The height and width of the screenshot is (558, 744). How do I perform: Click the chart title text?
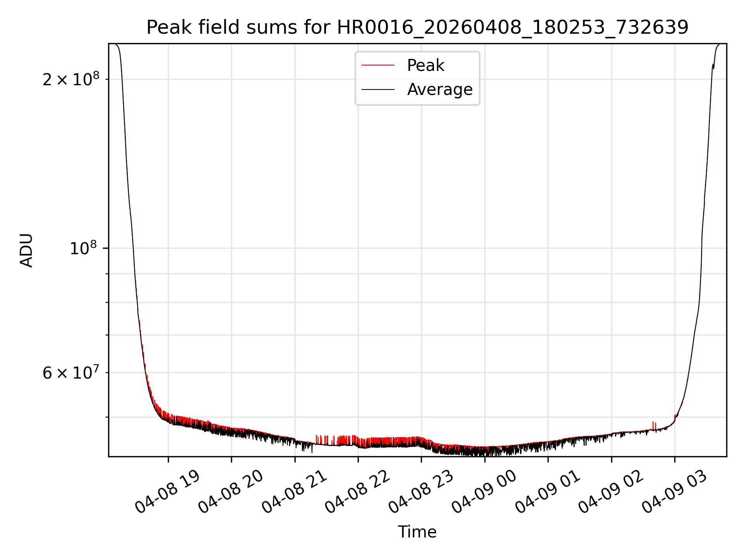click(417, 28)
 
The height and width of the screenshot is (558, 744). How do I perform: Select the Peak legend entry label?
click(425, 65)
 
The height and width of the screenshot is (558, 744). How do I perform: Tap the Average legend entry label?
click(440, 90)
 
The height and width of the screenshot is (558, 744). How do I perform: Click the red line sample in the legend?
click(378, 65)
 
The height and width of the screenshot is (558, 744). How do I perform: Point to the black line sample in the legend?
click(378, 90)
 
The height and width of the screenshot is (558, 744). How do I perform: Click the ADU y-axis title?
click(26, 250)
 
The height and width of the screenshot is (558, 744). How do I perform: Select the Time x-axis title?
click(417, 532)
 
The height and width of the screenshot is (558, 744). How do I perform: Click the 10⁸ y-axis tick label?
click(84, 248)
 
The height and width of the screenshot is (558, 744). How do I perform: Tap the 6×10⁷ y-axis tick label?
click(71, 372)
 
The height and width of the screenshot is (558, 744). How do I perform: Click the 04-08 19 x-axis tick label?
click(168, 492)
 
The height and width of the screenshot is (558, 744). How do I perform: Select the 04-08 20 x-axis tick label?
click(231, 492)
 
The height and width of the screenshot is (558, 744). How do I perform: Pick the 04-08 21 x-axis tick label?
click(294, 492)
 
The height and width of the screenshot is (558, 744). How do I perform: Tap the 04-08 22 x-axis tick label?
click(358, 492)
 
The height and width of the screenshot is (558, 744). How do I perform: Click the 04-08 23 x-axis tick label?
click(421, 492)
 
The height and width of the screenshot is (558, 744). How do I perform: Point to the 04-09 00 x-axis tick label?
click(484, 492)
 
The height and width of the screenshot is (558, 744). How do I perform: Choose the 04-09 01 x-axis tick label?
click(548, 492)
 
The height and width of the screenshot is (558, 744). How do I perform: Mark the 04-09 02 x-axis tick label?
click(611, 492)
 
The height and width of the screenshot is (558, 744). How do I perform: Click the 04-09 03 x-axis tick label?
click(674, 492)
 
